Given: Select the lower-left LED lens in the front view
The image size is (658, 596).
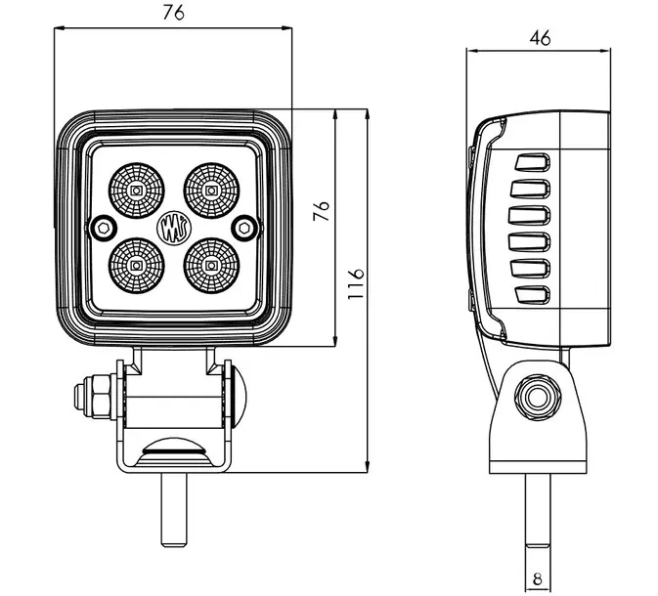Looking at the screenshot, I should [x=135, y=265].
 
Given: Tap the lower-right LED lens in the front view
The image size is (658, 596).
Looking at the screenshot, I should [x=210, y=265].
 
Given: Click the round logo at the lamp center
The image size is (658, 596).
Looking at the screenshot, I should [x=172, y=228].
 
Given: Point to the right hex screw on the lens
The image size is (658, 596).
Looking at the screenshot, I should [x=244, y=228].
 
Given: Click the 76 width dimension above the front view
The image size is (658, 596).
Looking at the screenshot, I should [x=172, y=12].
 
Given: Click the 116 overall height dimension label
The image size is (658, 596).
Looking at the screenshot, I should [x=356, y=286].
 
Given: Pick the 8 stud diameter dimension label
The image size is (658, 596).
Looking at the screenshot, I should [x=537, y=578].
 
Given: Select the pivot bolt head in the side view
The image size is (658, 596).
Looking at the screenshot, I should [x=536, y=399].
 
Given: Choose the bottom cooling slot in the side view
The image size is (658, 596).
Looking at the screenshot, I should [x=534, y=294].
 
